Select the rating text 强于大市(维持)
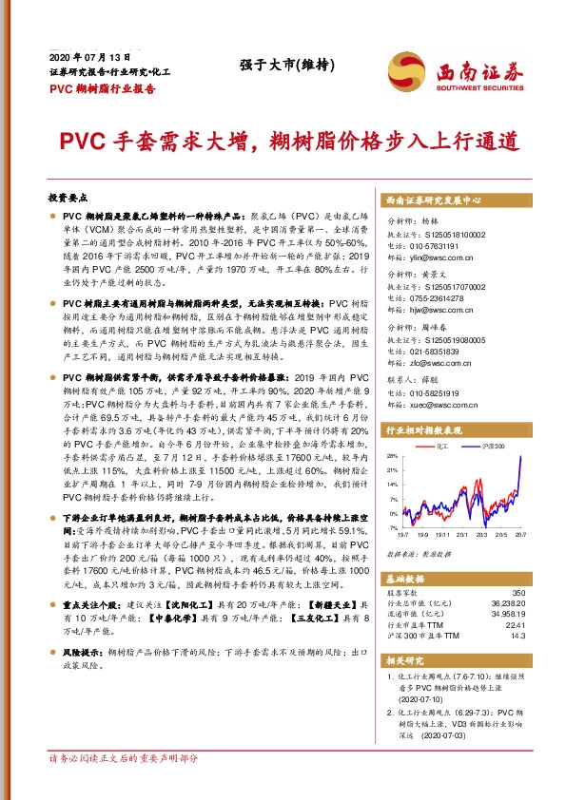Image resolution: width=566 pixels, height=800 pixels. tap(279, 66)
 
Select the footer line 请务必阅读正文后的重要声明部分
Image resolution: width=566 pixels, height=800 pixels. tap(123, 786)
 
